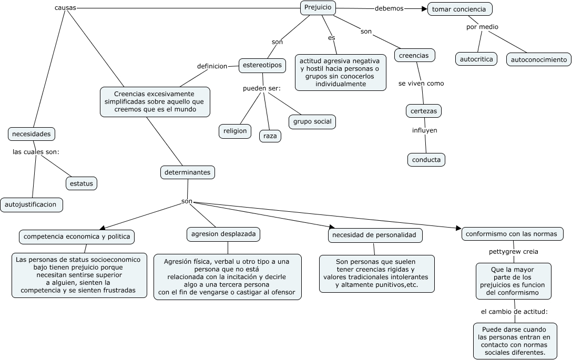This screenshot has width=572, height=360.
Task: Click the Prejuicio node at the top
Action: pos(318,8)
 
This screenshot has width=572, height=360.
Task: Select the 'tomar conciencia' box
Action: pos(459,9)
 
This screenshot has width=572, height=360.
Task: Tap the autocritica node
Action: pos(476,59)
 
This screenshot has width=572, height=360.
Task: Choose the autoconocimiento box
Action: pos(539,60)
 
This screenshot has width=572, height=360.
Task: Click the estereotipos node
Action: pos(262,66)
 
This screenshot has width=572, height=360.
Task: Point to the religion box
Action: pos(235,131)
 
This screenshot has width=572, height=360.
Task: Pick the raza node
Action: pos(270,136)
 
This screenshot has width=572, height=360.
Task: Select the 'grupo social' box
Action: pos(312,121)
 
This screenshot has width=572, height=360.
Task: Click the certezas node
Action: pos(424,111)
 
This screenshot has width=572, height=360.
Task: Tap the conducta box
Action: pos(426,160)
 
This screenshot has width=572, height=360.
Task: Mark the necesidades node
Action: pos(32,134)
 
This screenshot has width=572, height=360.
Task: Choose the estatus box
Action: pos(81,183)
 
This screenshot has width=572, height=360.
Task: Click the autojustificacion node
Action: pos(31,204)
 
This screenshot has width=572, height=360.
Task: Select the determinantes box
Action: pos(188,172)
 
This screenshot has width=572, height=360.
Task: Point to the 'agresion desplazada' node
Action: pos(223,234)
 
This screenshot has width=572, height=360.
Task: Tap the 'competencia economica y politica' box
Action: pos(77,236)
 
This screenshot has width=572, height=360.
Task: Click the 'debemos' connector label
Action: pos(389,8)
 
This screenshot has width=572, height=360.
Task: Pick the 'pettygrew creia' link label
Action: pos(513,251)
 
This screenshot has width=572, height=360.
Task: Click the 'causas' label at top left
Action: pos(65,8)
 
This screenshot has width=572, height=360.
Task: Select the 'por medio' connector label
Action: pos(482,27)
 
